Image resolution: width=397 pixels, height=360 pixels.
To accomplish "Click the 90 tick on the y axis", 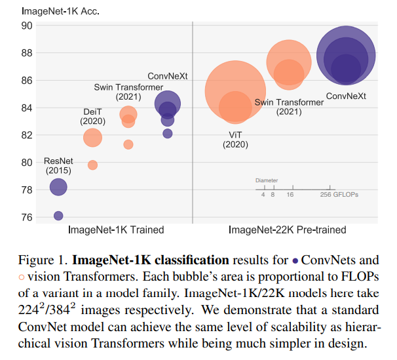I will click(x=27, y=26).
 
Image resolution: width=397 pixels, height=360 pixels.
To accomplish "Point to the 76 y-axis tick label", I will click(x=27, y=216).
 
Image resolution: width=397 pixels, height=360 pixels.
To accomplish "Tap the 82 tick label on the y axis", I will click(x=27, y=135).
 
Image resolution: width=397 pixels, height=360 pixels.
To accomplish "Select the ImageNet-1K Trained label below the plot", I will click(x=116, y=230).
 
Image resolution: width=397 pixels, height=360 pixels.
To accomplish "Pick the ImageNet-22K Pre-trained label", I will click(x=287, y=230).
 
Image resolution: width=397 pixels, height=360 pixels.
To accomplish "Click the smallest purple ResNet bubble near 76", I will click(x=58, y=216).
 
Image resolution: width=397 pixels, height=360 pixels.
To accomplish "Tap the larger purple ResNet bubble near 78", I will click(x=58, y=187).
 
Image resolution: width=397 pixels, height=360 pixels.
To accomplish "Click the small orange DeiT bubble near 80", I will click(x=92, y=165).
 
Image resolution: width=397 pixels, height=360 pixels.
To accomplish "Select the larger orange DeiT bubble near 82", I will click(x=92, y=137).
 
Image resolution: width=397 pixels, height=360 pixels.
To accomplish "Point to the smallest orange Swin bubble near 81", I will click(x=128, y=144).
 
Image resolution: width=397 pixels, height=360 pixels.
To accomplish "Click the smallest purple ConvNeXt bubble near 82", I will click(x=168, y=133).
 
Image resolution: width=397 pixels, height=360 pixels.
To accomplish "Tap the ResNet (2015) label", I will click(x=58, y=166).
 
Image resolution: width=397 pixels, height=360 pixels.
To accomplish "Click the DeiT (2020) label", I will click(x=92, y=116).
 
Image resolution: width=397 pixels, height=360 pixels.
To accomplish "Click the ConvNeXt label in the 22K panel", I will click(x=346, y=96).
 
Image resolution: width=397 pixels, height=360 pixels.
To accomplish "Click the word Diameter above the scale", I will click(x=267, y=180).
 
